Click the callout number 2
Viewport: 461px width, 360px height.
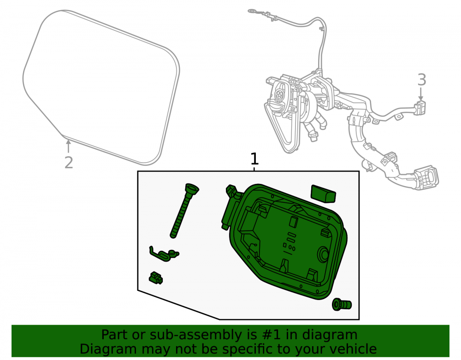click(x=69, y=163)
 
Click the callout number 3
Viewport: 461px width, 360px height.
click(x=422, y=80)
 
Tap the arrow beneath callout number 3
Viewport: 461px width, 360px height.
click(x=421, y=94)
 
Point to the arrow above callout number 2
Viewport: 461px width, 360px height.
click(x=68, y=147)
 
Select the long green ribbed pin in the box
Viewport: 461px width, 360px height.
click(x=184, y=210)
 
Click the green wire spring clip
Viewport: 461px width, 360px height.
click(x=164, y=254)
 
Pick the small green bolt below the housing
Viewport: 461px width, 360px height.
click(x=342, y=305)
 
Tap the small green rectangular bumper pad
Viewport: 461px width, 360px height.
click(x=323, y=194)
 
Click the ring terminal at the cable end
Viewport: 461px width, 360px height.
click(x=253, y=11)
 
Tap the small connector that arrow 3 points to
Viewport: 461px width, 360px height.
click(x=420, y=107)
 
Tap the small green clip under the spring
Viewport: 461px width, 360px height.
click(x=156, y=277)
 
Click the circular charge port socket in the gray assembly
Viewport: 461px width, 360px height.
click(x=278, y=94)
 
